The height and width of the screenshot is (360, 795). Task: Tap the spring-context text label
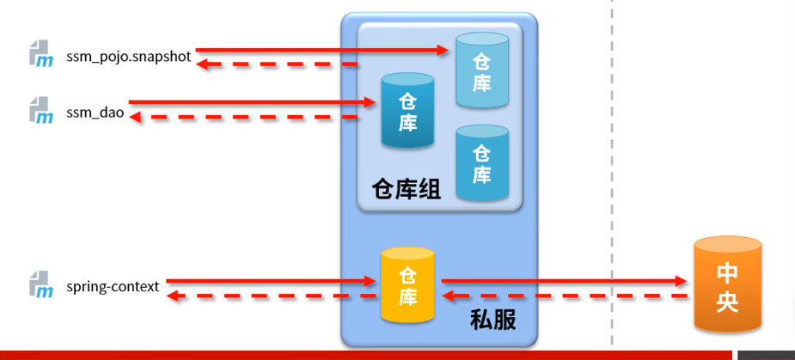click(x=113, y=286)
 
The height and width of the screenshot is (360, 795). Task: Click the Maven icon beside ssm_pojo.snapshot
click(x=41, y=54)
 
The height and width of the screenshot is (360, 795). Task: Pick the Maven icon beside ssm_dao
click(x=41, y=110)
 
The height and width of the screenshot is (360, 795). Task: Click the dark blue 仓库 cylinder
click(x=407, y=110)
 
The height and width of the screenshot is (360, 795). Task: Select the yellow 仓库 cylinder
click(x=407, y=285)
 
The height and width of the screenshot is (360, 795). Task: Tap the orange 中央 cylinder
click(x=727, y=285)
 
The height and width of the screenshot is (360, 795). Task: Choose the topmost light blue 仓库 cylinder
click(x=481, y=70)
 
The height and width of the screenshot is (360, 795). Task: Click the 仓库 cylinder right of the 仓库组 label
click(x=481, y=163)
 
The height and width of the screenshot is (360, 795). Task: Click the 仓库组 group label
click(x=406, y=189)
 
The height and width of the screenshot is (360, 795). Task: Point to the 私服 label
click(x=493, y=320)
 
